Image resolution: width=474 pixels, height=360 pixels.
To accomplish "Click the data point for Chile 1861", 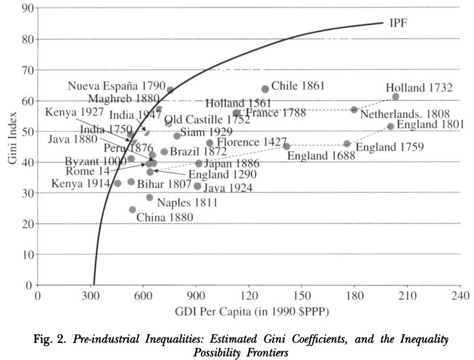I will pos(265,89).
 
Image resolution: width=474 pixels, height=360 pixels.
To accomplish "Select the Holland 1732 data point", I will pos(395,97).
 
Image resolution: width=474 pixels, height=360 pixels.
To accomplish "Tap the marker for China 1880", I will pos(133,210).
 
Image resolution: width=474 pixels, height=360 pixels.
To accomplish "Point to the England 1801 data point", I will pos(390,126).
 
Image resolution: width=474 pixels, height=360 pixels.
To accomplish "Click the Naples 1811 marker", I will pos(150,197).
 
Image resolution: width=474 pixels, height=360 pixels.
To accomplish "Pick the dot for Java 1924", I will pos(197,186).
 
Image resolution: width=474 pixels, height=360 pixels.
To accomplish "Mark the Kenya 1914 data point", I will pos(118,183).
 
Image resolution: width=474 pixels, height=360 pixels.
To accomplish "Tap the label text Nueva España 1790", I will pos(116,86).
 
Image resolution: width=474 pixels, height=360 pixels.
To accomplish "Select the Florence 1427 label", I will pos(252,142).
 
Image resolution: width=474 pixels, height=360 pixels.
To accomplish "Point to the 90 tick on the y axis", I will pos(27,8).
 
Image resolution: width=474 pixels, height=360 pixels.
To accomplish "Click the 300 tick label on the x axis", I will pos(90,295).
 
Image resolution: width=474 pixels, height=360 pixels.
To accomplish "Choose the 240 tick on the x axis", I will pos(460,295).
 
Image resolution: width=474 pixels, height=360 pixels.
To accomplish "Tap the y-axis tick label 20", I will pos(27,224).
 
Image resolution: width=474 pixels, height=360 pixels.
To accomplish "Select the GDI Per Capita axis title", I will pos(252,312).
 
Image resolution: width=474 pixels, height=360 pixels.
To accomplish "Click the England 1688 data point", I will pos(286,146).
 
